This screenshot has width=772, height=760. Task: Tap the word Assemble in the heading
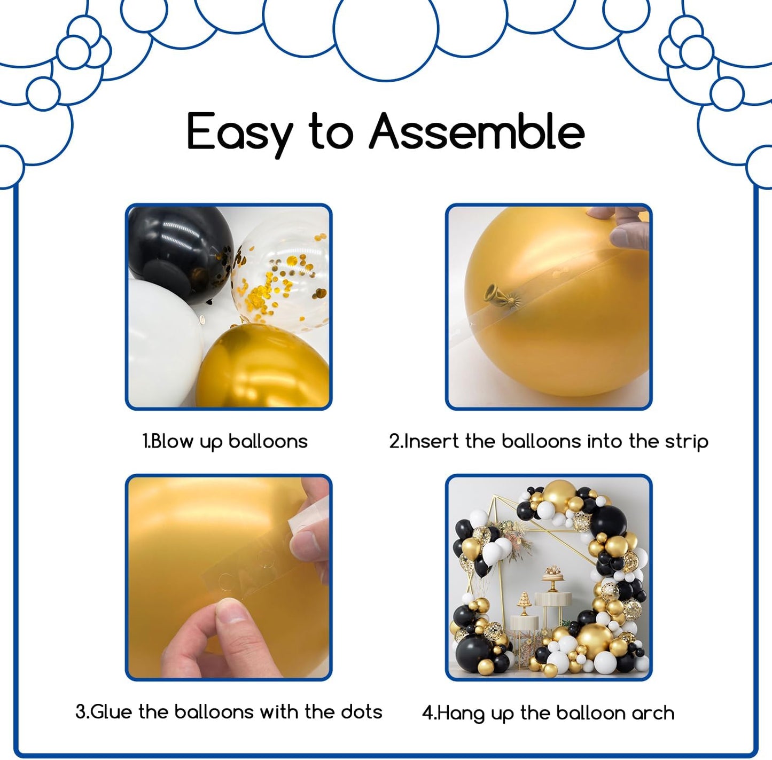[477, 131]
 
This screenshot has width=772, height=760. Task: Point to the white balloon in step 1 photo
[164, 341]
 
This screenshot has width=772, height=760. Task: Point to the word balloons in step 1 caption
[268, 442]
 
